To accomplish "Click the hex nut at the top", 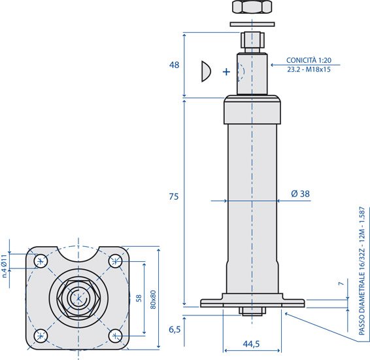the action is coord(252,7).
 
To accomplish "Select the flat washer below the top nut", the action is coord(252,24).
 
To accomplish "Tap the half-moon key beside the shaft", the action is coord(206,71).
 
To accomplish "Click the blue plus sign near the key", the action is coord(226,71).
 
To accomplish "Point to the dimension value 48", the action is coord(174,65).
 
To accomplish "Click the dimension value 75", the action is coord(174,196).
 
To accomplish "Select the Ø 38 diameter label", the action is coord(300,194).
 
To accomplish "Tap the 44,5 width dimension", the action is coord(251,344).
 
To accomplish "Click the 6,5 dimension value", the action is coord(175,329).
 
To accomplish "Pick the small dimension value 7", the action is coord(341,283).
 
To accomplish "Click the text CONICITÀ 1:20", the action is coord(309,60).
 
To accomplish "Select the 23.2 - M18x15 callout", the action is coord(309,69).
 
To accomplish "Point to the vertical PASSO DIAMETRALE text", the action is coord(362,271).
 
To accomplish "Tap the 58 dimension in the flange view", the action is coord(139,298).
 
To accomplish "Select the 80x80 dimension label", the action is coord(153,300).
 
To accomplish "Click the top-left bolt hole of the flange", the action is coord(41,261).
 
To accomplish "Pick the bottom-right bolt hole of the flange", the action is coord(116,336).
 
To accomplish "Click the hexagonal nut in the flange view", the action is coord(78,299).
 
